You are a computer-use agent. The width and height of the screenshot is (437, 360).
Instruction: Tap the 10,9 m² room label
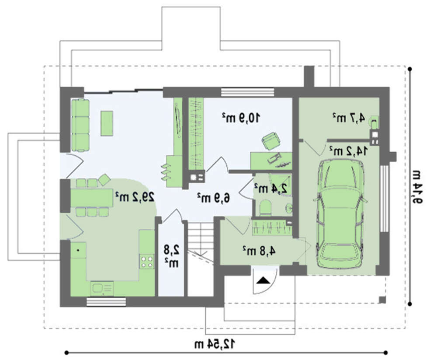[241, 118]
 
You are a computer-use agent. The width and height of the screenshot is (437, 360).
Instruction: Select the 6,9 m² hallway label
[214, 198]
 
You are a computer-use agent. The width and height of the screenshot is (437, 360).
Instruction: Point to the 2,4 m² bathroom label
[271, 189]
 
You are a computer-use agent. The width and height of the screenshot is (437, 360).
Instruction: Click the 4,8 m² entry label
[259, 251]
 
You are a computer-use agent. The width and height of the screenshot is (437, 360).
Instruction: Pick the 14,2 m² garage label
[348, 151]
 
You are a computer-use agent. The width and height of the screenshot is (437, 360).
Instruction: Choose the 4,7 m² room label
[348, 118]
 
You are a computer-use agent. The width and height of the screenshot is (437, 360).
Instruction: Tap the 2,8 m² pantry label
[171, 256]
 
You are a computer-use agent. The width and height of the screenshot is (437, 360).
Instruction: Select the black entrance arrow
[263, 280]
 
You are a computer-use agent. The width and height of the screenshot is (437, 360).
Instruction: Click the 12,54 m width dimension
[215, 344]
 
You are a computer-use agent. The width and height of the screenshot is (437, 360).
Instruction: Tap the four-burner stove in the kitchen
[147, 261]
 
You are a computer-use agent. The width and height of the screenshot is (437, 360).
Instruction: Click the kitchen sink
[101, 288]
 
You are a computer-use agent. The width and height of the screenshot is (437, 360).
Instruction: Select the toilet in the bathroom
[265, 208]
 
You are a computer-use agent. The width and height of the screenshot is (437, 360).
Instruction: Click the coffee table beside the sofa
[107, 123]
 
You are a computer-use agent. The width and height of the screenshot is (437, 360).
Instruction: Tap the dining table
[91, 198]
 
